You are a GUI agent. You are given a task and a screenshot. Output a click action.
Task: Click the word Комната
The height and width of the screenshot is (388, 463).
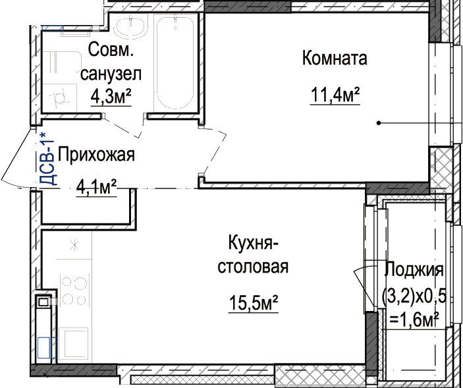pyautogui.click(x=335, y=58)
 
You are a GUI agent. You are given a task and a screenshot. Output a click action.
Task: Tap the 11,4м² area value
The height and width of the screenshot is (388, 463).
pyautogui.click(x=335, y=95)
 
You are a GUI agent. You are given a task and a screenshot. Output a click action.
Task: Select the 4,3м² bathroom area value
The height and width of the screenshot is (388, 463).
pyautogui.click(x=111, y=96)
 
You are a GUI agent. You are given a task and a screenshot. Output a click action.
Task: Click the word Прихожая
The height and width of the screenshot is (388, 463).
pyautogui.click(x=96, y=155)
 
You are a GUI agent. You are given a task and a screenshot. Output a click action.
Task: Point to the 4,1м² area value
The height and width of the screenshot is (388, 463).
pyautogui.click(x=97, y=187)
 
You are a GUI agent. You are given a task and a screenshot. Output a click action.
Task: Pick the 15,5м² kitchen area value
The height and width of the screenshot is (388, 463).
pyautogui.click(x=254, y=303)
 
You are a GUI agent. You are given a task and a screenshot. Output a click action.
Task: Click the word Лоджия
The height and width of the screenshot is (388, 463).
pyautogui.click(x=414, y=269)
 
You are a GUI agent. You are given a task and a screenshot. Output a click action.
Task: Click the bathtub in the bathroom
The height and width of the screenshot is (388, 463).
pyautogui.click(x=175, y=63)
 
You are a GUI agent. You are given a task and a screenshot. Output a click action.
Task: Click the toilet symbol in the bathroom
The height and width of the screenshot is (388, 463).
pyautogui.click(x=59, y=97)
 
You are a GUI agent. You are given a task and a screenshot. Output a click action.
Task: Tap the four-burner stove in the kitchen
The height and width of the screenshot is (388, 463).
pyautogui.click(x=74, y=291)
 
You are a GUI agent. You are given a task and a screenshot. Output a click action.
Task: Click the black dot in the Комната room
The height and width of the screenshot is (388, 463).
pyautogui.click(x=379, y=123)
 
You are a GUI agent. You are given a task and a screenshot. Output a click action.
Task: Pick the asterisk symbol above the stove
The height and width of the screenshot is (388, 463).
pyautogui.click(x=74, y=245)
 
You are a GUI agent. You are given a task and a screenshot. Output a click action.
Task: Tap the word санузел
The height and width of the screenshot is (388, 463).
pyautogui.click(x=111, y=74)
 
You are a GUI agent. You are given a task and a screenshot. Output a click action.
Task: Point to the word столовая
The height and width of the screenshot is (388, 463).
pyautogui.click(x=253, y=267)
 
